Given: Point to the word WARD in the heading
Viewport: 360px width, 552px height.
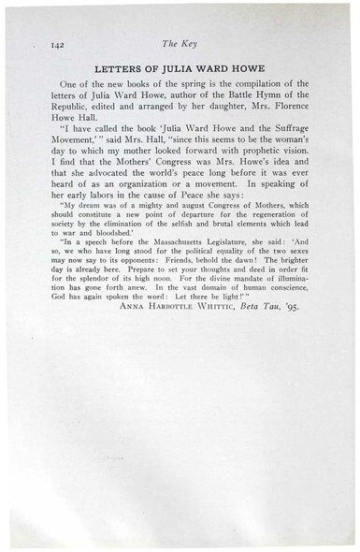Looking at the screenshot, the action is (219, 68).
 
